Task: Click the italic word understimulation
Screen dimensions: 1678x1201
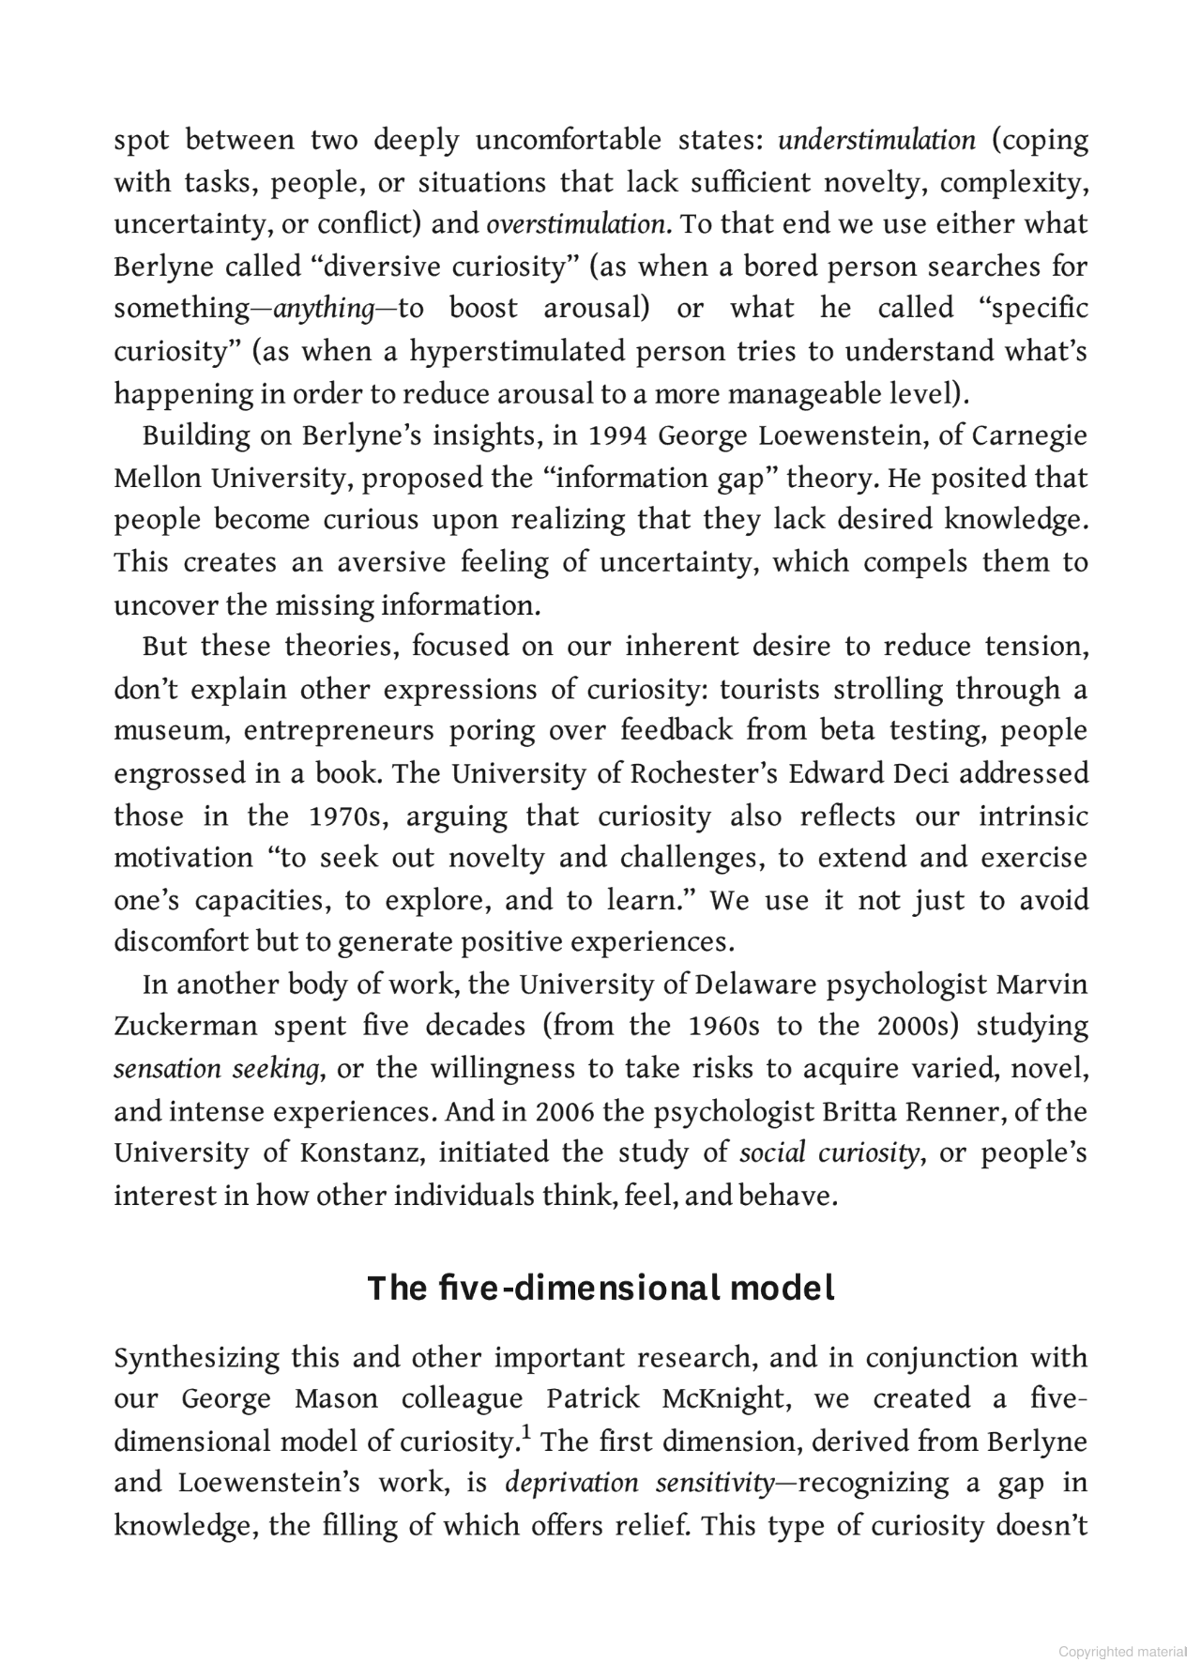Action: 876,141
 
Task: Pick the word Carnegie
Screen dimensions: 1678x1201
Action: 1029,436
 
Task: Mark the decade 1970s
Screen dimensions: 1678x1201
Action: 347,816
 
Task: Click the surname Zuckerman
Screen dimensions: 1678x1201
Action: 185,1027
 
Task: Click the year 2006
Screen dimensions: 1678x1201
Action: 565,1112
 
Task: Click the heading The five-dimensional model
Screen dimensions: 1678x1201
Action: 600,1288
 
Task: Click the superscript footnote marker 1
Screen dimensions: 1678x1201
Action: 528,1433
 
